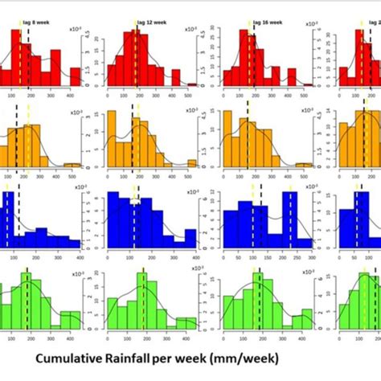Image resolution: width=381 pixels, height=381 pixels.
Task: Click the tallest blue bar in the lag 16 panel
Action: coord(287,217)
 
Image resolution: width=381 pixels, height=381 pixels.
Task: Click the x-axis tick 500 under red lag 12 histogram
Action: coord(188,94)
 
